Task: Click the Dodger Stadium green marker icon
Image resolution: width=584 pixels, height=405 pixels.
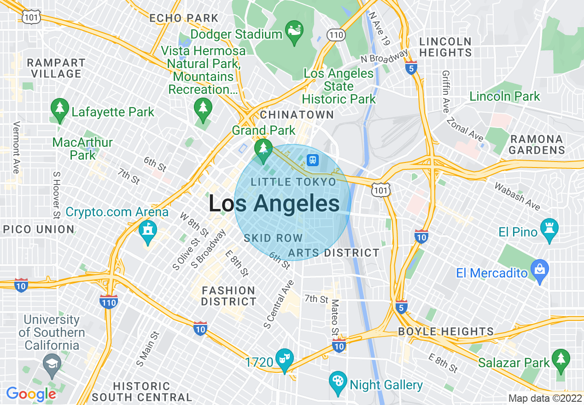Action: [294, 31]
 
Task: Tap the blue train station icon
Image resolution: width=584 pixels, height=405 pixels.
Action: [313, 160]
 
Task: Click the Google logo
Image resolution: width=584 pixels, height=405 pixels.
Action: [31, 394]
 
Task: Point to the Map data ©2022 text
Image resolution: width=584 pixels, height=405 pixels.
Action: [544, 398]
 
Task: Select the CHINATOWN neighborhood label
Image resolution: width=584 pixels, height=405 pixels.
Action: [297, 115]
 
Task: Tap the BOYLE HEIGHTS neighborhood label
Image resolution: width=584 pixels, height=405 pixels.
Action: [445, 331]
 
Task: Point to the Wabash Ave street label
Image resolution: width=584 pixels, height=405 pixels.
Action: [517, 196]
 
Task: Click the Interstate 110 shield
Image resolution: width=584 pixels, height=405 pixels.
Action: [108, 301]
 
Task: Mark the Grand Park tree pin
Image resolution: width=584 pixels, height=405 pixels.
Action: [263, 150]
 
